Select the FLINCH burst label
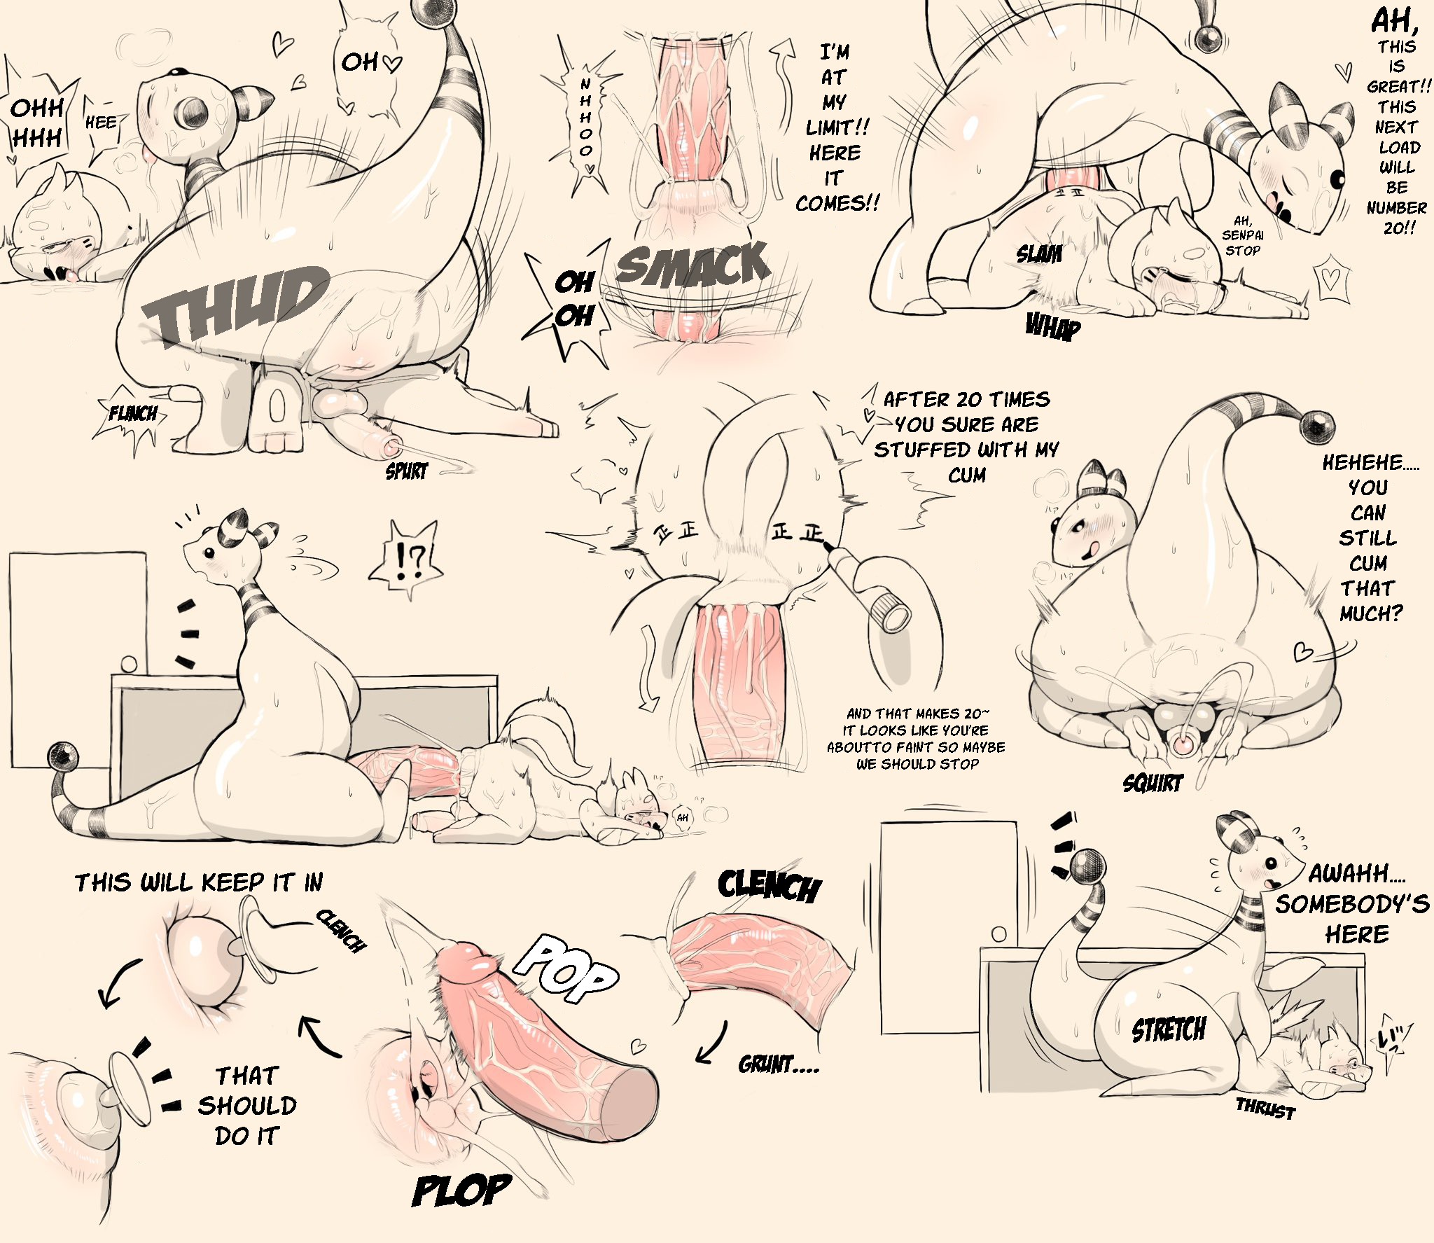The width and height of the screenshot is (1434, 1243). pos(132,414)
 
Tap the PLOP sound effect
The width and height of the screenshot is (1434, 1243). pos(461,1190)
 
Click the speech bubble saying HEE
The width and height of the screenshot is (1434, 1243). pos(101,133)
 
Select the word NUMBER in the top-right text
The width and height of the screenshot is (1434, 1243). pos(1396,208)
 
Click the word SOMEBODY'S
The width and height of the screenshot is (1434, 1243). pos(1351,903)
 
